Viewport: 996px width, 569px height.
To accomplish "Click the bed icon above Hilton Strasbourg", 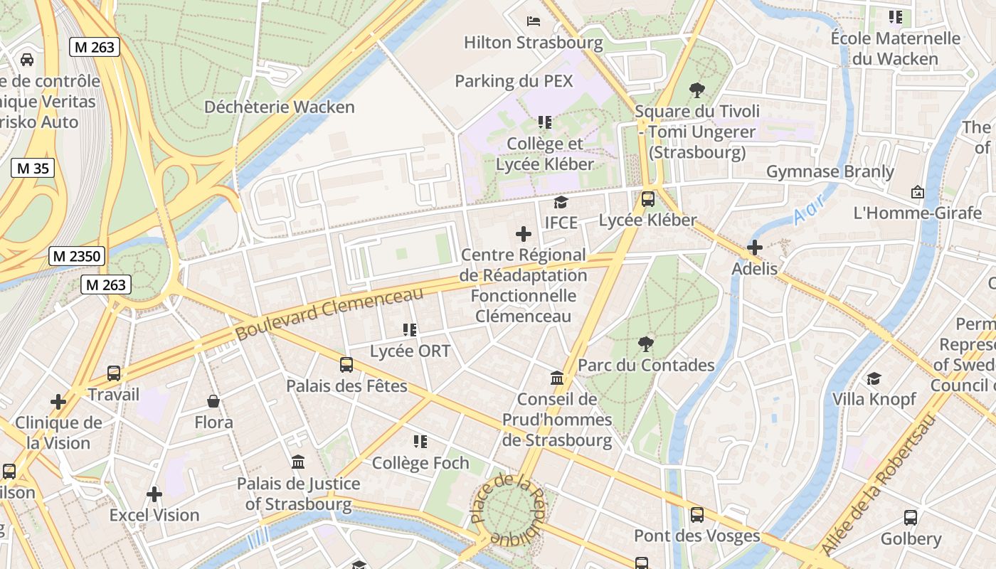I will tap(533, 21).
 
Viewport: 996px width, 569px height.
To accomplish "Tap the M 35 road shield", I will tap(33, 169).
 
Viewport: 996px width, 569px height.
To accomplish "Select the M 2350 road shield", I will tap(77, 256).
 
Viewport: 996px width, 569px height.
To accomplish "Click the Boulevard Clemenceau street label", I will tap(329, 313).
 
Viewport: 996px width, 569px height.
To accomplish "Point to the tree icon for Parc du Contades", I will tap(646, 344).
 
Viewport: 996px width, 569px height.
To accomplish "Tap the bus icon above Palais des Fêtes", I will tap(346, 365).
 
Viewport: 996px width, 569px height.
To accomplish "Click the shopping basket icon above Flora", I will tap(213, 402).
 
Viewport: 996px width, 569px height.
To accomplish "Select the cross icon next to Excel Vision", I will tap(154, 494).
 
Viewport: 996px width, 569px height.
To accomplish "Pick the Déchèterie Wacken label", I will tap(279, 107).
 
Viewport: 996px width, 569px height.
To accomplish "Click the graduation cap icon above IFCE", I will tap(561, 202).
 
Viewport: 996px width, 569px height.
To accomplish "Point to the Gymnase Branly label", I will tap(830, 172).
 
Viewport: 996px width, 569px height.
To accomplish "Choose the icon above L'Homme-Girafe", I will tap(917, 192).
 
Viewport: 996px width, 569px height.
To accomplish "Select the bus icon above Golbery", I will tap(910, 517).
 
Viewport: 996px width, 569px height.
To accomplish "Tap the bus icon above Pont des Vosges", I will tap(697, 514).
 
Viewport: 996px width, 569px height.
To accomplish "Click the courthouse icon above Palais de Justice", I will tap(298, 462).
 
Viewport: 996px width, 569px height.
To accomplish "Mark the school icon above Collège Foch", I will tap(420, 442).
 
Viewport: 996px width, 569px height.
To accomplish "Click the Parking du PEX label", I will tap(513, 81).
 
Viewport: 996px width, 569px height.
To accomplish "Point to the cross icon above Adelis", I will tap(755, 248).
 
